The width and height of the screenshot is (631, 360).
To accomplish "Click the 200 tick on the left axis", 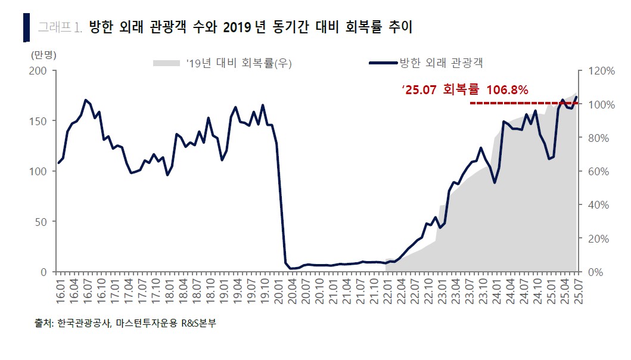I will point(40,70).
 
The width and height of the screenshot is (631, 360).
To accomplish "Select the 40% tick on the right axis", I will point(598,204).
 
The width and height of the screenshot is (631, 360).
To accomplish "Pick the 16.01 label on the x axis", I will point(59,291).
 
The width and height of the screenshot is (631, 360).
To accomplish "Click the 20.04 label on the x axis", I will point(293,291).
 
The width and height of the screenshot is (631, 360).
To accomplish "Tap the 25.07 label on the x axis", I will point(577,291).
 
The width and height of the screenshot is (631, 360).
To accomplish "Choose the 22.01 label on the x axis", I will point(388,291).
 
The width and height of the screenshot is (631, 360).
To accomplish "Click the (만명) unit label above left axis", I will point(43,55).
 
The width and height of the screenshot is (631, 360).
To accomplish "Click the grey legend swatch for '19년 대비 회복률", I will point(166,63).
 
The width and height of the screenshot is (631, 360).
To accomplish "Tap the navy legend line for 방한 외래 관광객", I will point(382,63).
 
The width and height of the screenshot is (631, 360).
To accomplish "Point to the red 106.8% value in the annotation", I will point(507,90).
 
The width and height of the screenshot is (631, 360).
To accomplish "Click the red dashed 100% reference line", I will point(524,103).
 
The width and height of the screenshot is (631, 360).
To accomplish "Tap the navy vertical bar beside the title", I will point(26,27).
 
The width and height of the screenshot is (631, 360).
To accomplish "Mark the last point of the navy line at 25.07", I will point(576,97).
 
